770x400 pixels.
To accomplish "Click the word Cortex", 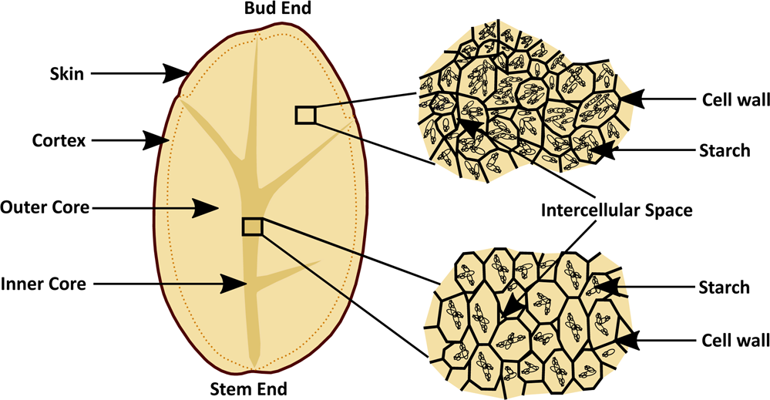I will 58,140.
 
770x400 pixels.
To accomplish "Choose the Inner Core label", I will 47,283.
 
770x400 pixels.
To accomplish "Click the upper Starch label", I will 724,150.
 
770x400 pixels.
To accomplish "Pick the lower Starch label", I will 724,287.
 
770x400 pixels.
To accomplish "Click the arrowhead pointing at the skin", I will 179,74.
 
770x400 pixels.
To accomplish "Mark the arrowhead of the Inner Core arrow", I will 236,283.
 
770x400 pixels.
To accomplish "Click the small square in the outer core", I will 306,115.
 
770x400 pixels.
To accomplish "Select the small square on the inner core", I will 252,226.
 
